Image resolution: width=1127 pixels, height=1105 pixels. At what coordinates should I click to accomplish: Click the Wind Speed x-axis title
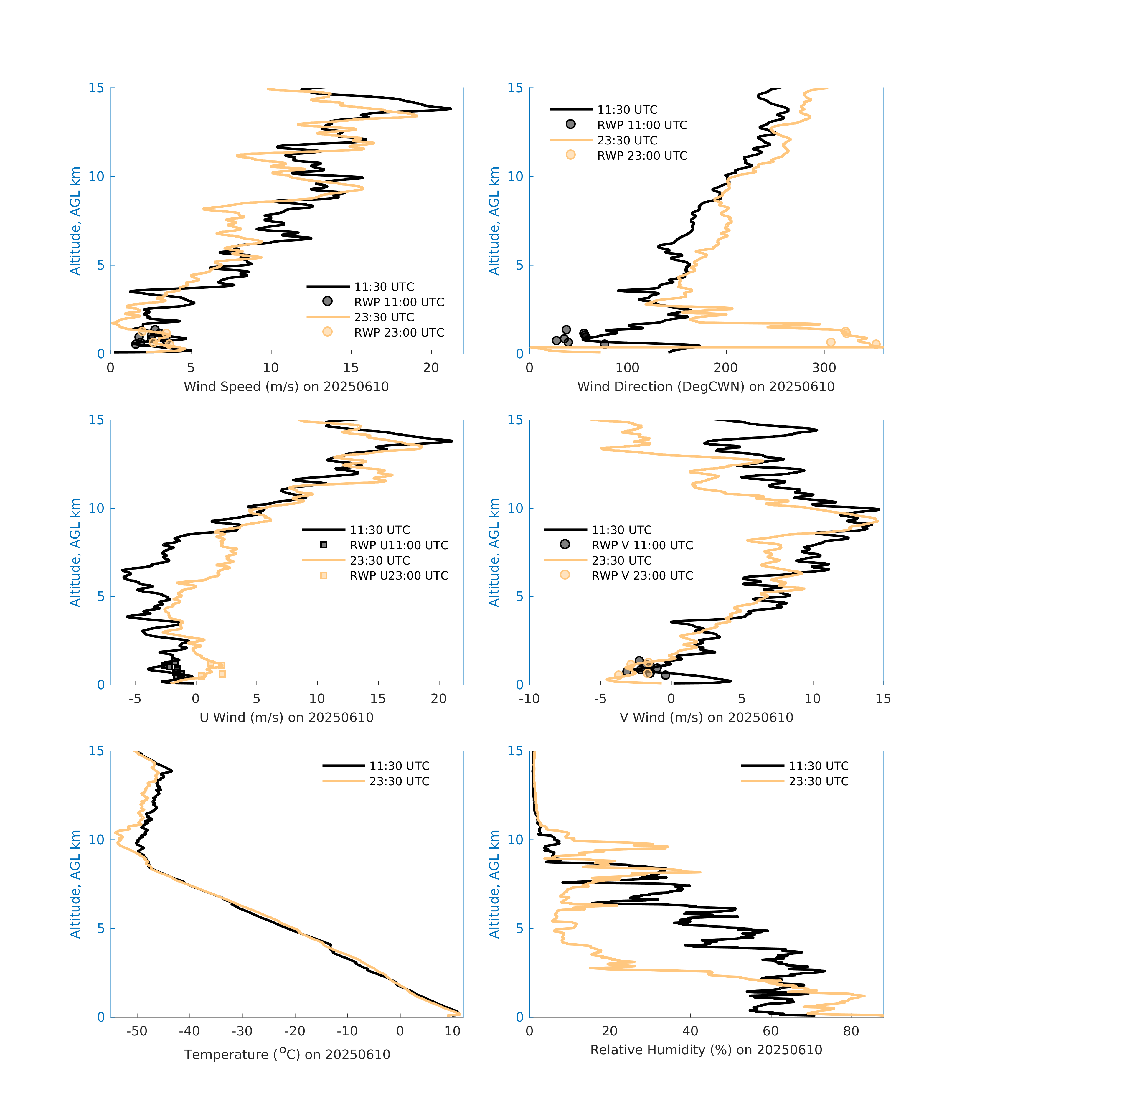286,387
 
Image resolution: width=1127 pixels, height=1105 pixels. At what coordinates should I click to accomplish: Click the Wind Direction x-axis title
706,387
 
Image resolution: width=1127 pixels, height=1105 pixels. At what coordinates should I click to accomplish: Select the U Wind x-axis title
286,717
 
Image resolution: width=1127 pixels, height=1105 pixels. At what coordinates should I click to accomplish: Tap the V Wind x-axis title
706,717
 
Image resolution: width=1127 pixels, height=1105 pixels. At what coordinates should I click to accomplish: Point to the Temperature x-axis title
287,1054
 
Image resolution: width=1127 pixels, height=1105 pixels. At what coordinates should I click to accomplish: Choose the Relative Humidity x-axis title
706,1049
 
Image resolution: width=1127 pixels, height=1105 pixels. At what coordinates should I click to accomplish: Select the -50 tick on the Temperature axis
137,1031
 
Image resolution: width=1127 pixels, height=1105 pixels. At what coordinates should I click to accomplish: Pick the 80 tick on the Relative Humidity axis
851,1031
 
